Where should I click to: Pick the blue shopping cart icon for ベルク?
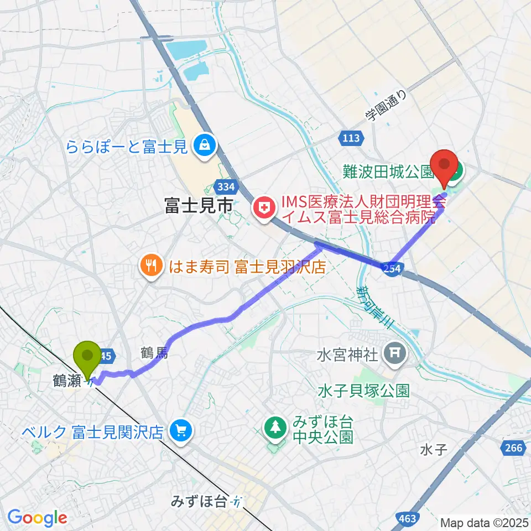[x=180, y=430]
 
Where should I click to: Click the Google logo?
[x=37, y=518]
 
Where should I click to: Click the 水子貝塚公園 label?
[x=363, y=392]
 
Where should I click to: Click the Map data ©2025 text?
[x=485, y=522]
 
